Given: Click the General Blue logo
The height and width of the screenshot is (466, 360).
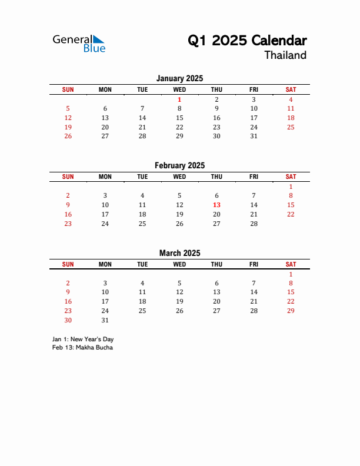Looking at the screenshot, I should click(x=79, y=43).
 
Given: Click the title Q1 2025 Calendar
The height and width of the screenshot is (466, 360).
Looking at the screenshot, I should click(x=247, y=41).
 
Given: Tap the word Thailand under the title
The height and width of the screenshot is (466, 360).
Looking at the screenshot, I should click(x=285, y=55).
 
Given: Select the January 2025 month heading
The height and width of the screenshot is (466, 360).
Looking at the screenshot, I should click(x=179, y=78).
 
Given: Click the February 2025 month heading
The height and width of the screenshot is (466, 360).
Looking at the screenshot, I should click(x=179, y=166).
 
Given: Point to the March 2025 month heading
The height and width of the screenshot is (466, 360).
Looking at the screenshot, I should click(x=179, y=253).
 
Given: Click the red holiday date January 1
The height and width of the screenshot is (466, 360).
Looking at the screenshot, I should click(x=179, y=99).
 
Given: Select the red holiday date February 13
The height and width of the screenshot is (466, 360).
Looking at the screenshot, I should click(x=216, y=205).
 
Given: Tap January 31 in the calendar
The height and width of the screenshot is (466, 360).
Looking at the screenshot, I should click(x=254, y=136).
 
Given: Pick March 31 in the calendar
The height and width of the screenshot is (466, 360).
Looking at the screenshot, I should click(x=105, y=320).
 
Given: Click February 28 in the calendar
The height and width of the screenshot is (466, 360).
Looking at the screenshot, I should click(x=254, y=224).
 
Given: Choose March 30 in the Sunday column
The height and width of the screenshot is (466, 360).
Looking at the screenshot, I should click(x=68, y=320).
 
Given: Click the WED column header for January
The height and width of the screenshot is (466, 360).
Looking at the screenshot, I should click(x=179, y=89).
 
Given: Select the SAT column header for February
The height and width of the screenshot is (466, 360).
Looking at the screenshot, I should click(x=291, y=177).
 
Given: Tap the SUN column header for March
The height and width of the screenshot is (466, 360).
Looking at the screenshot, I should click(x=68, y=264).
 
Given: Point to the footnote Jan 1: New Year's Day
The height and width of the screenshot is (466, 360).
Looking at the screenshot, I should click(x=83, y=339).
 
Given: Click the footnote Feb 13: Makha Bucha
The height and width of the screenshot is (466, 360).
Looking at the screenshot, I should click(x=82, y=347).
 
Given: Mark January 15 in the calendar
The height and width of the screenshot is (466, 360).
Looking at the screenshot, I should click(x=179, y=118).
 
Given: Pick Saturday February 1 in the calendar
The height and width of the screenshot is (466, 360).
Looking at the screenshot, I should click(x=291, y=187).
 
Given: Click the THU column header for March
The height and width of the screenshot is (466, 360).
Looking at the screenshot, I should click(x=216, y=264).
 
